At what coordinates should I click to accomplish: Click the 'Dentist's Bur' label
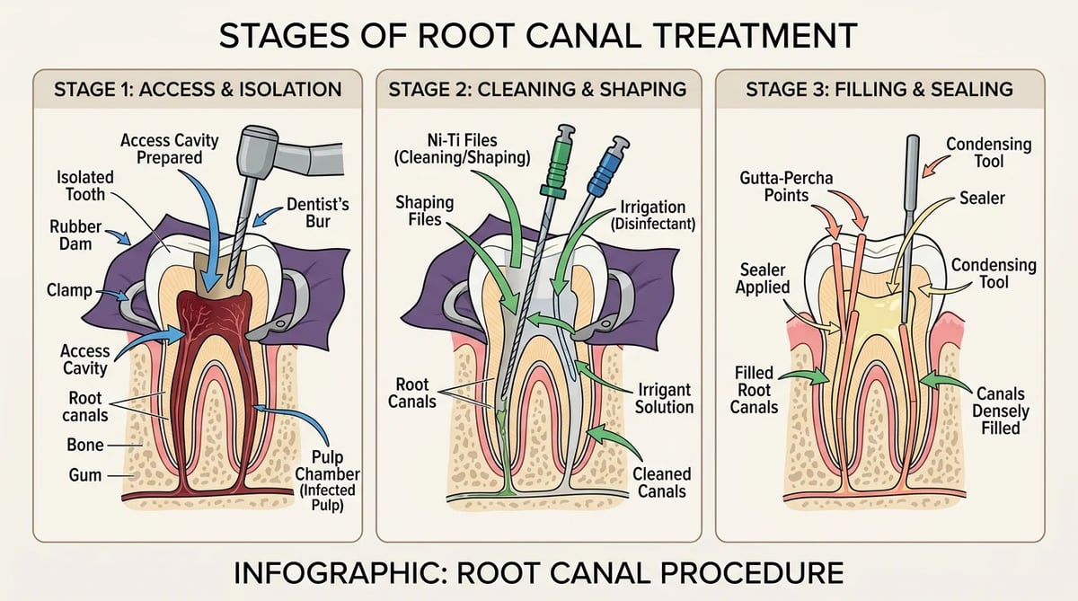(x=318, y=213)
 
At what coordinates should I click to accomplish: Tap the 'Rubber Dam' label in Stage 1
(x=75, y=235)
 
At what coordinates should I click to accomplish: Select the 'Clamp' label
(x=69, y=290)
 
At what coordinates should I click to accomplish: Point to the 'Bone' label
(x=85, y=445)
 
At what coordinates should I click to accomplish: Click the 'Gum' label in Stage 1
(x=85, y=475)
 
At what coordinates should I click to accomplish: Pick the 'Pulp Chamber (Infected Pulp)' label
(x=327, y=482)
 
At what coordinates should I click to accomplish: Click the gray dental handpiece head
(x=259, y=152)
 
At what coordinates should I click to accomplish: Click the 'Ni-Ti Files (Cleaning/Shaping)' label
(x=462, y=149)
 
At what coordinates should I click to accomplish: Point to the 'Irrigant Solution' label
(x=664, y=399)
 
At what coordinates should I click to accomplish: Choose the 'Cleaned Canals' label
(x=662, y=482)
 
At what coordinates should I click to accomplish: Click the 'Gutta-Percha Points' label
(x=786, y=187)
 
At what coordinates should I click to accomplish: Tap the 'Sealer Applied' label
(x=763, y=278)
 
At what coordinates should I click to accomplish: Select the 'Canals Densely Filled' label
(x=1001, y=411)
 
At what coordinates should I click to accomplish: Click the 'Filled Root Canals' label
(x=754, y=390)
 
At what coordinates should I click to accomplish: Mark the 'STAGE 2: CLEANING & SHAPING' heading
(x=537, y=90)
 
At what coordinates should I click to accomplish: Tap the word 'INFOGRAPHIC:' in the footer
(x=340, y=573)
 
